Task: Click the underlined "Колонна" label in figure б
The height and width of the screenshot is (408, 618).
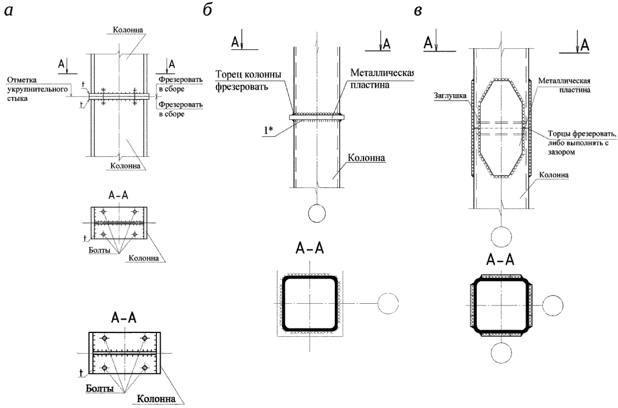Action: [367, 157]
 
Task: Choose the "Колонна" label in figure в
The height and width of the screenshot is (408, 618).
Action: [556, 174]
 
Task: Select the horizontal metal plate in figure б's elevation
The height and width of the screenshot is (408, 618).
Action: [317, 117]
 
